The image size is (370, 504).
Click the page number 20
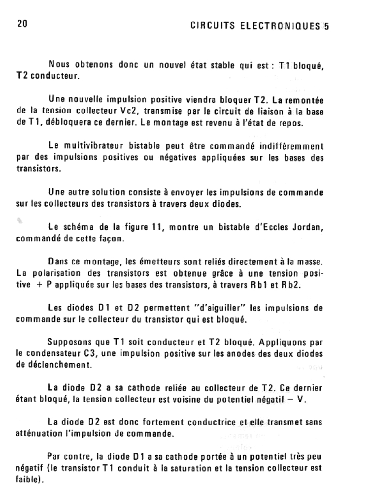[x=22, y=23]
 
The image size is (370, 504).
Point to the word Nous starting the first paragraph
[x=58, y=65]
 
